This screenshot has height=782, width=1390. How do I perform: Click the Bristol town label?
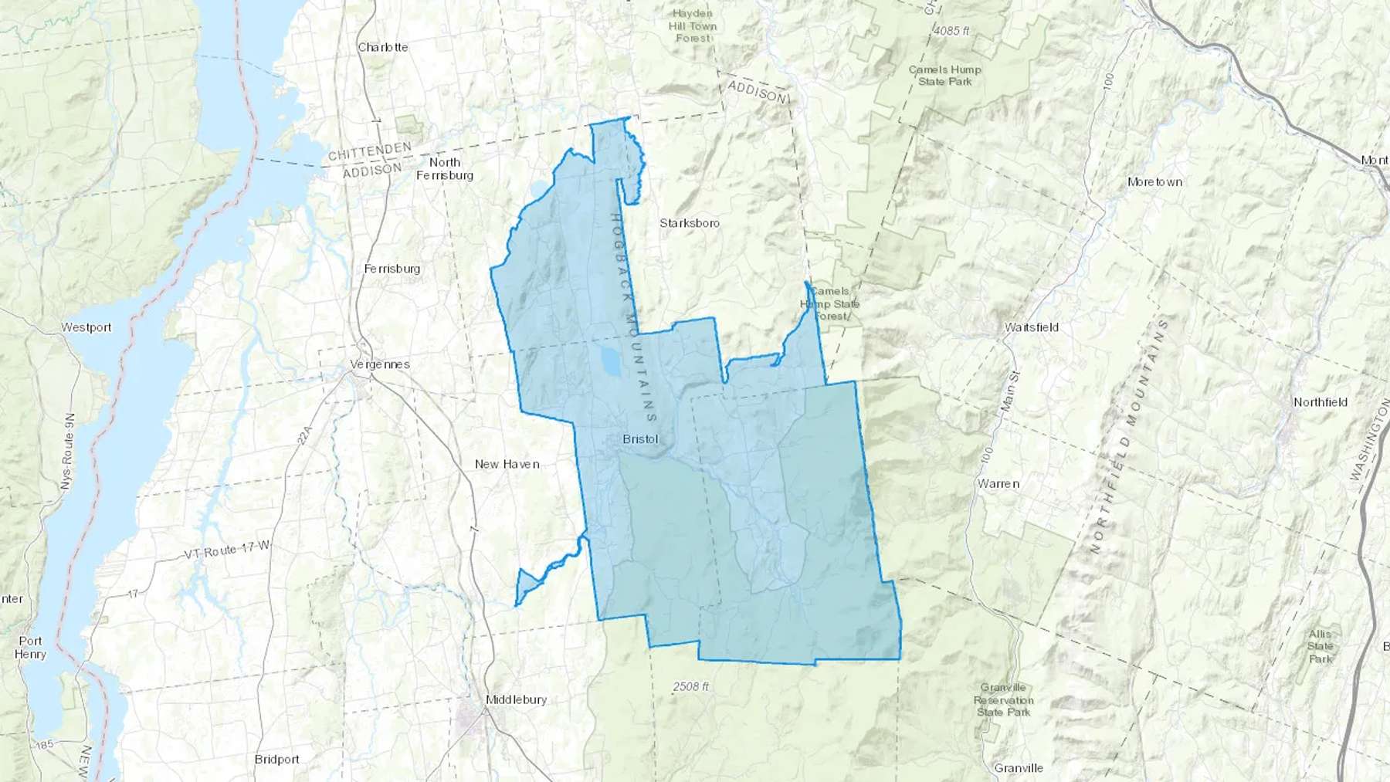pos(640,439)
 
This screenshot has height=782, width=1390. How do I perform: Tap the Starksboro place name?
pos(689,223)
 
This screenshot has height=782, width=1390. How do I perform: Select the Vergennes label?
pos(379,364)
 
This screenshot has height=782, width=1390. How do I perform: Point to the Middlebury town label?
pos(516,699)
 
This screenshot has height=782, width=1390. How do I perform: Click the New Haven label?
pos(507,464)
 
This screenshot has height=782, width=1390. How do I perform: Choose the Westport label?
pos(86,327)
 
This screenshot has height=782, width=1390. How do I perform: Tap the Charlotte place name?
pos(382,47)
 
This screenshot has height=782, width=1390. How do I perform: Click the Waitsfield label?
pos(1031,327)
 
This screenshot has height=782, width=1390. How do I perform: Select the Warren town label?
pos(998,484)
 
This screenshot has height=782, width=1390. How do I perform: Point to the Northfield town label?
pos(1320,402)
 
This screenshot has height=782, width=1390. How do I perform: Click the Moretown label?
pos(1154,182)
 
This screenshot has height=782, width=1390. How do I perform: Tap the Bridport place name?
pos(276,760)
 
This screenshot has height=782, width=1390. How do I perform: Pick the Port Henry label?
pos(31,648)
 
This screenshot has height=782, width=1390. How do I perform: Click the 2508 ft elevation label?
pos(690,686)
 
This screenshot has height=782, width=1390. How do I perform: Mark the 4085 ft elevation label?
pos(951,31)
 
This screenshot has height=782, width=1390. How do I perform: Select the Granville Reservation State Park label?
pos(1003,699)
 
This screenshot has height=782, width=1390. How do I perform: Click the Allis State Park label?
pos(1320,646)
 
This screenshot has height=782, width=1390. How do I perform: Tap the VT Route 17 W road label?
pos(227,550)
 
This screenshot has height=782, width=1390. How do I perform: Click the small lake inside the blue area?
pos(609,360)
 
